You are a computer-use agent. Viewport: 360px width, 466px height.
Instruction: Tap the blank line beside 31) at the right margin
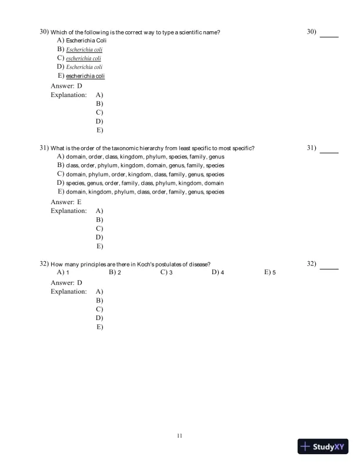(x=329, y=152)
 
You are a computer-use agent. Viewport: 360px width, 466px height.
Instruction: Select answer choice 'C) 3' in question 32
(x=166, y=273)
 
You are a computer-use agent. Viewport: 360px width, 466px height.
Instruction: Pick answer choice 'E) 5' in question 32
(x=270, y=273)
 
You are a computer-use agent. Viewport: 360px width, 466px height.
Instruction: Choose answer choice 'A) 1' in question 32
(x=64, y=273)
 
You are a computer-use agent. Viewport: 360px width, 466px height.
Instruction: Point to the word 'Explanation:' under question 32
(x=69, y=291)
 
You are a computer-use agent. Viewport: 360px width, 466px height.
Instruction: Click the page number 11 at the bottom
(x=180, y=435)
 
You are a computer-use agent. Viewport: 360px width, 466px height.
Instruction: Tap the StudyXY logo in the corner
(x=324, y=447)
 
